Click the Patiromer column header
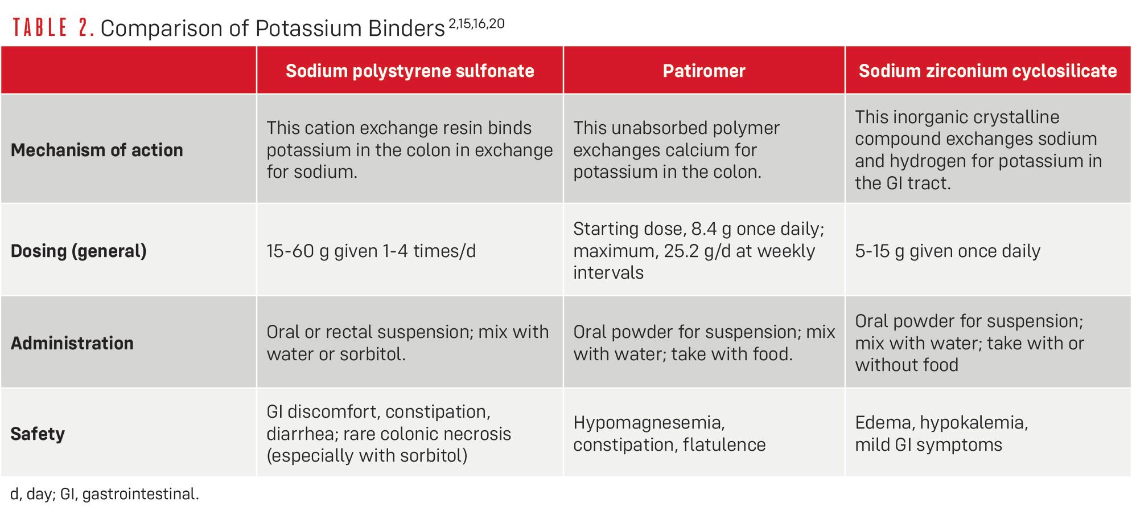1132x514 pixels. point(704,71)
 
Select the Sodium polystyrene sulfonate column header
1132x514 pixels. point(410,71)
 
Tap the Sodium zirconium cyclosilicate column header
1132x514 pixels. point(987,71)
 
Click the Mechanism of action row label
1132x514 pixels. point(97,150)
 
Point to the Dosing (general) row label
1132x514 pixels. point(79,251)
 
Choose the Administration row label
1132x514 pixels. point(72,343)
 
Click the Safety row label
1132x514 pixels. point(38,434)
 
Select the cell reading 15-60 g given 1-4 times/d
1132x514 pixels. point(371,251)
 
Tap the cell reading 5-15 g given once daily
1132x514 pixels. point(948,251)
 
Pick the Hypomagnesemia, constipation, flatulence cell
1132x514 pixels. point(669,434)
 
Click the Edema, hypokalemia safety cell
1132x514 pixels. point(941,434)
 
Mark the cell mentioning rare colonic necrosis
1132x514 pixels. point(389,434)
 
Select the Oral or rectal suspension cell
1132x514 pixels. point(407,343)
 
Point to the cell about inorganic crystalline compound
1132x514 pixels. point(978,150)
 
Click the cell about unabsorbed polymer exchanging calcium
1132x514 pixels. point(676,150)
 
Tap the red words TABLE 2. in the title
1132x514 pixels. point(53,27)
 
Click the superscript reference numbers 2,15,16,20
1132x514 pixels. point(477,23)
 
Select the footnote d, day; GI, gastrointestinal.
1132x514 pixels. point(105,493)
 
